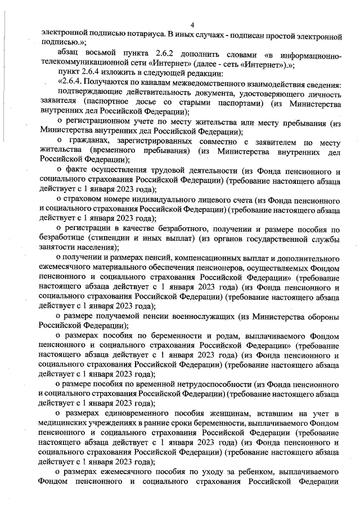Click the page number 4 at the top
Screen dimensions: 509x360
tap(192, 24)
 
